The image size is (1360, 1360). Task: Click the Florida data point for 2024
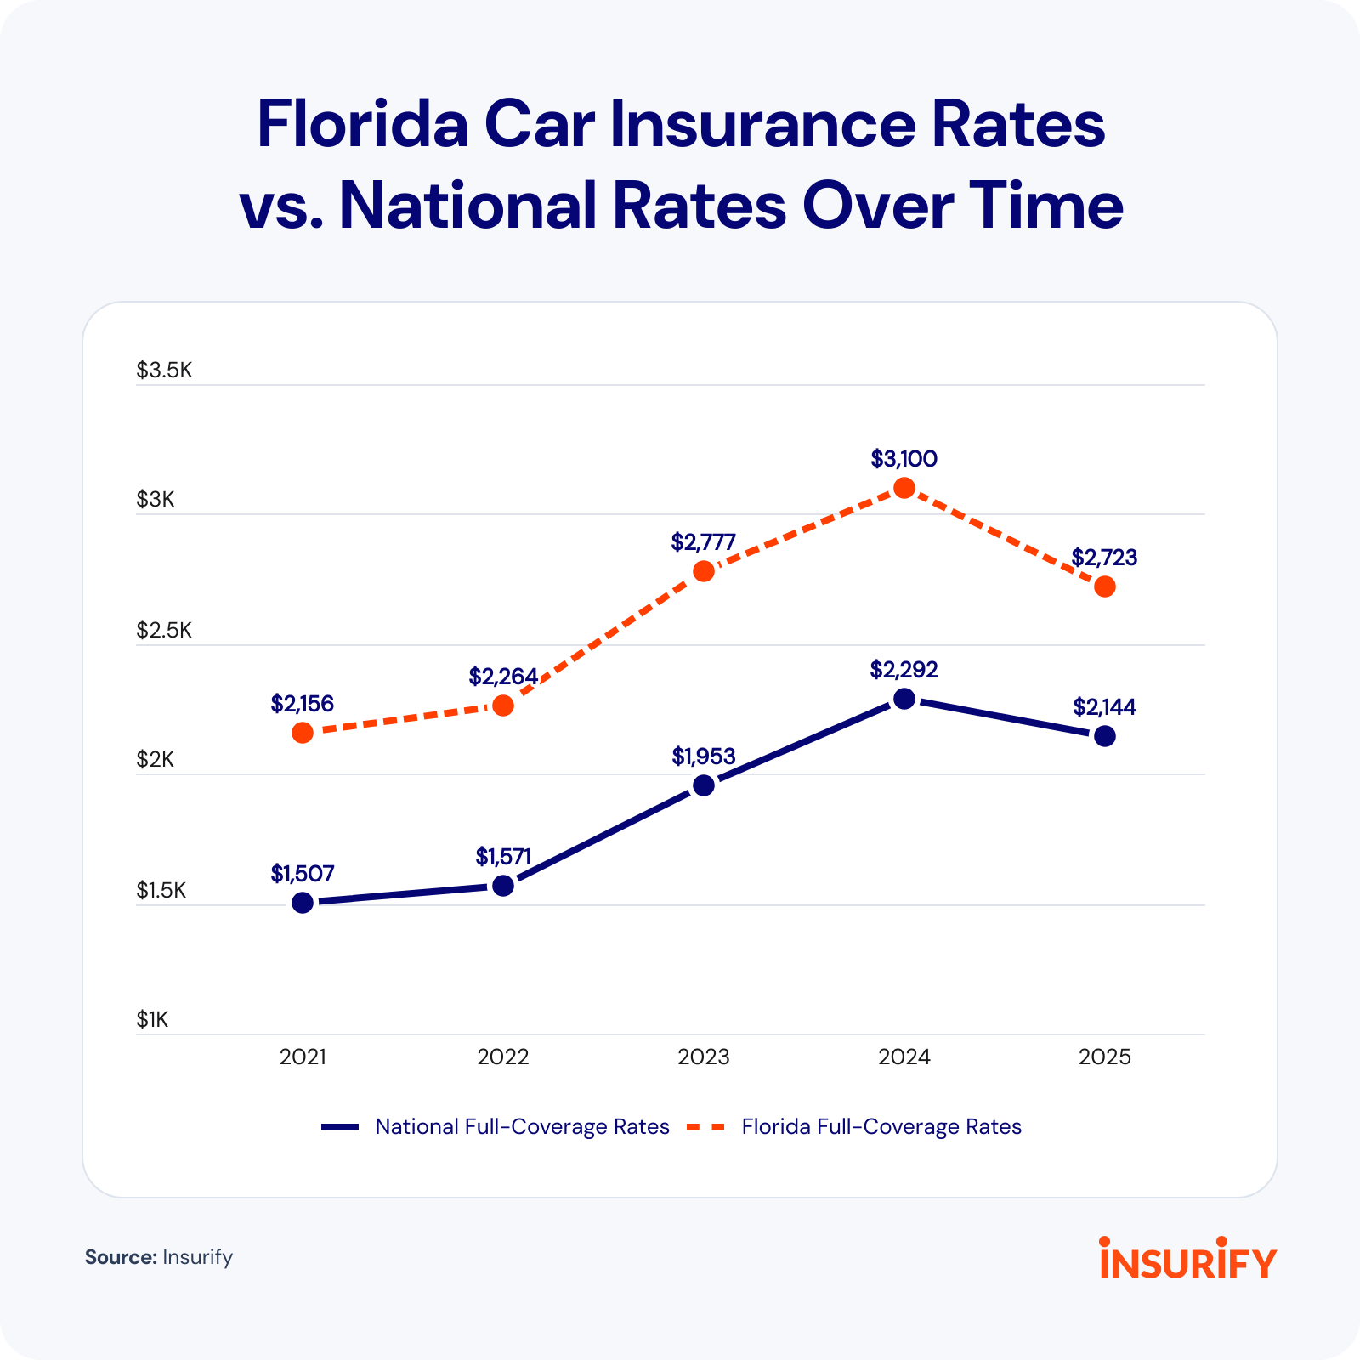point(904,488)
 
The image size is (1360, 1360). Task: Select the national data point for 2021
point(303,903)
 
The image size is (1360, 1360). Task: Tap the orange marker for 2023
point(704,571)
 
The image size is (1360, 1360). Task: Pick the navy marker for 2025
point(1105,736)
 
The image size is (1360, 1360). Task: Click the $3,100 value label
point(904,459)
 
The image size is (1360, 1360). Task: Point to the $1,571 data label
point(503,856)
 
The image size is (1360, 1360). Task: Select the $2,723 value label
point(1104,558)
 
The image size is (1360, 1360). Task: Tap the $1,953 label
point(704,756)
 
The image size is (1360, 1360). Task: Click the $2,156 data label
point(303,703)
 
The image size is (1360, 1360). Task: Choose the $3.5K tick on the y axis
point(165,370)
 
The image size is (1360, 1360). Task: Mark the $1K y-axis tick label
point(153,1019)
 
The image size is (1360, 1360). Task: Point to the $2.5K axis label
point(165,630)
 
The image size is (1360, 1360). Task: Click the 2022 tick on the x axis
point(503,1057)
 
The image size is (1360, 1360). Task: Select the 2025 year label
point(1105,1057)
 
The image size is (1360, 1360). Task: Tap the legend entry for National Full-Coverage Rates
point(522,1126)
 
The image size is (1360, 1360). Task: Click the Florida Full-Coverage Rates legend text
point(881,1126)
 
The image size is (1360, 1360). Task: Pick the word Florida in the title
point(363,125)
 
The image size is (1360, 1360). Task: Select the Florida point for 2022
point(503,705)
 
